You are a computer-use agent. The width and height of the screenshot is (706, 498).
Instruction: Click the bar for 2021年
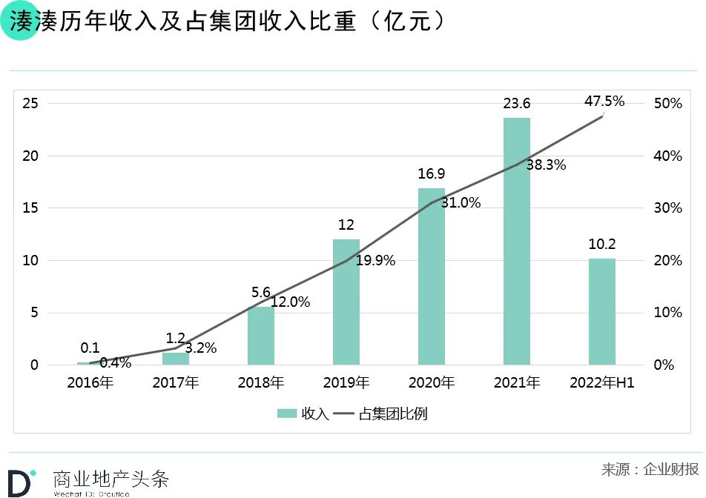517,241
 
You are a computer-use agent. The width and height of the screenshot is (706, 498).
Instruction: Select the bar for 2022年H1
602,311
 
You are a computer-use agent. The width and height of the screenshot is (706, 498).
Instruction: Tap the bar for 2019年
346,302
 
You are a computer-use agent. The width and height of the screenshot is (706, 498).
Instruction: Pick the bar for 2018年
261,335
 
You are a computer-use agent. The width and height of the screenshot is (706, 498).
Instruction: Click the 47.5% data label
604,101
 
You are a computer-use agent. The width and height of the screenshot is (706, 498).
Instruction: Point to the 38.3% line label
546,165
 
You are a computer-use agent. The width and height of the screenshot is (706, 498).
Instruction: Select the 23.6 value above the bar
517,104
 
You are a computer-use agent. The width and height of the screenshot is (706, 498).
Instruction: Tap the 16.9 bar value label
432,174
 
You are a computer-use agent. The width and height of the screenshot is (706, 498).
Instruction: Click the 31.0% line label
461,202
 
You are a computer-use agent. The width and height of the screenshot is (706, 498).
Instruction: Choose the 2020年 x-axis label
432,383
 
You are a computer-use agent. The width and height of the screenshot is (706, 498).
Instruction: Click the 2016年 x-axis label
90,383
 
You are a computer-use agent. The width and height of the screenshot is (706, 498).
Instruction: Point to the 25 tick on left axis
30,103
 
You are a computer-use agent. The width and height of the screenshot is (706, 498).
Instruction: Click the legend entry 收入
303,414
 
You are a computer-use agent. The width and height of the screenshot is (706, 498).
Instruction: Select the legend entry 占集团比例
381,414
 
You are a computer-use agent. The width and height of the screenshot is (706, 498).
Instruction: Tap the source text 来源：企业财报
650,469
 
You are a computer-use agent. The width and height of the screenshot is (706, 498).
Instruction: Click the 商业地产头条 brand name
110,478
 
